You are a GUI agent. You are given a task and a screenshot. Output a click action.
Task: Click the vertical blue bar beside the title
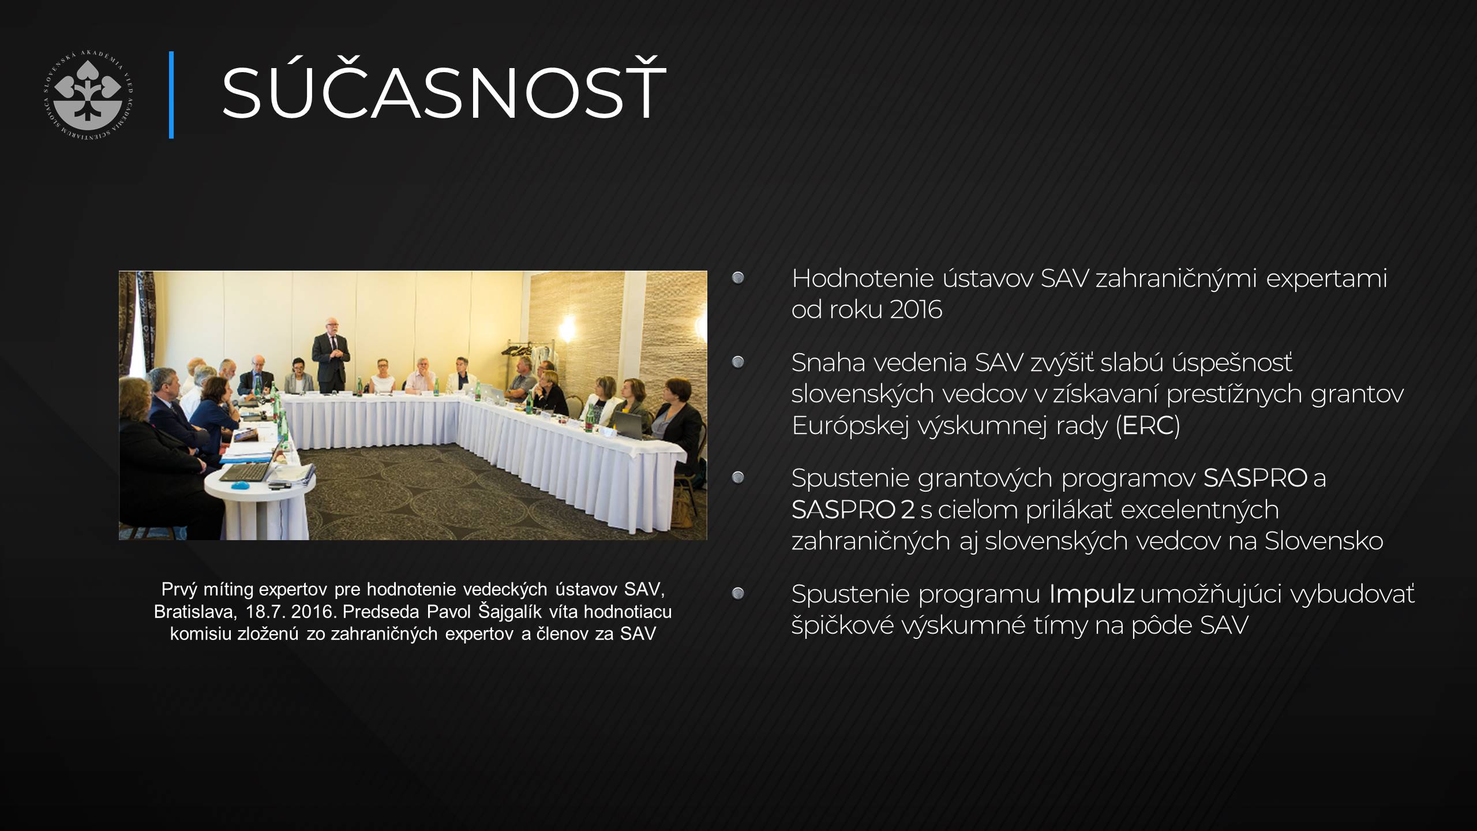pyautogui.click(x=171, y=95)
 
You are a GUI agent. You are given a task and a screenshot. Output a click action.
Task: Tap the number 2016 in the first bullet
pyautogui.click(x=916, y=310)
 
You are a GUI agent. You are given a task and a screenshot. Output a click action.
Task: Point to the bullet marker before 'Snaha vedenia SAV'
pyautogui.click(x=738, y=362)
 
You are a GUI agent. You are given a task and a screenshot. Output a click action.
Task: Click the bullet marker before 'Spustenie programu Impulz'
pyautogui.click(x=738, y=593)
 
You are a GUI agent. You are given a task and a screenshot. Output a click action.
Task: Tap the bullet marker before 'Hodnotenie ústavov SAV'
pyautogui.click(x=738, y=279)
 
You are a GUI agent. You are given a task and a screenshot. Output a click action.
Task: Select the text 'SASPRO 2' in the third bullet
pyautogui.click(x=853, y=510)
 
